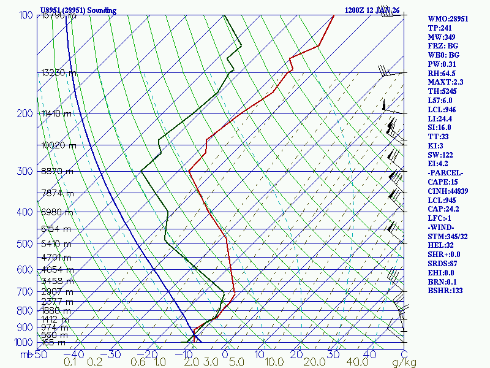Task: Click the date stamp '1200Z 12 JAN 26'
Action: [x=372, y=10]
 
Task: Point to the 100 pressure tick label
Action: [x=26, y=15]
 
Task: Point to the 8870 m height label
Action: [x=56, y=172]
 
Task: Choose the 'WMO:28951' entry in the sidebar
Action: [x=448, y=19]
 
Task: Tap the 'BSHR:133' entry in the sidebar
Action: [x=445, y=290]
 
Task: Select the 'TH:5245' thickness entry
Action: [x=443, y=91]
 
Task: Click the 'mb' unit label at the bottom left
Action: [x=26, y=355]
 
